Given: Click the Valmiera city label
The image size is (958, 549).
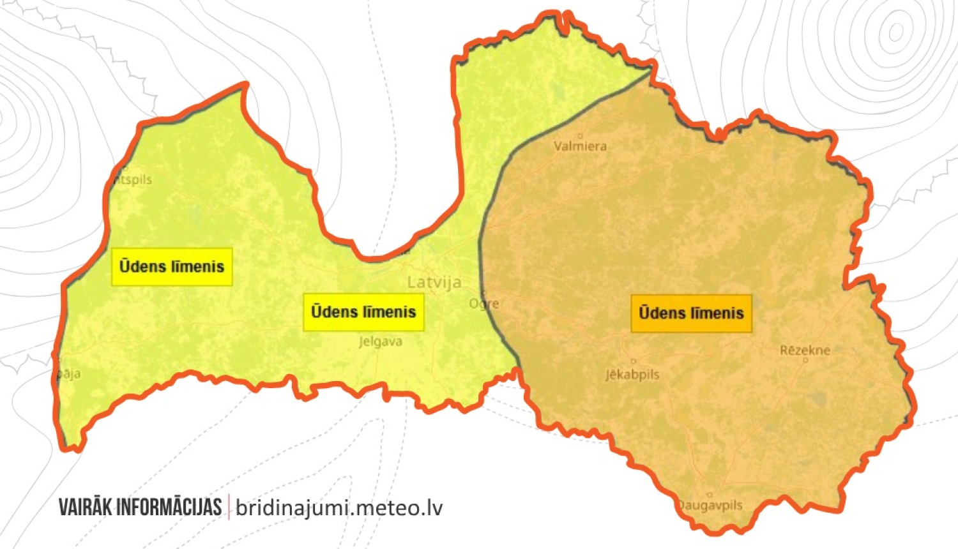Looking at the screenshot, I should point(580,146).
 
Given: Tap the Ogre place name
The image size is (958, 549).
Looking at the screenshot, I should point(484,304).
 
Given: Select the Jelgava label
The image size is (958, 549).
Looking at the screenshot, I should point(381,342).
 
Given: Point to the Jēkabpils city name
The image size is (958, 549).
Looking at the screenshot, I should point(632,375).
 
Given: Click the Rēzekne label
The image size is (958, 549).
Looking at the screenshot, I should point(805,350).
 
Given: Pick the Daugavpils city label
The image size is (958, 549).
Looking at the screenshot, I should point(710,506).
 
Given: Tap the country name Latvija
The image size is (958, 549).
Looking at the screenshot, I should point(434,282).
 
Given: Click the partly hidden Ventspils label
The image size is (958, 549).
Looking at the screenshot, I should point(133,180).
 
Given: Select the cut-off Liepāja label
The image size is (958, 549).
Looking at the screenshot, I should point(69,374).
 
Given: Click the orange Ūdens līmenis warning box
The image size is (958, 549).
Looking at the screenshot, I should point(691,313).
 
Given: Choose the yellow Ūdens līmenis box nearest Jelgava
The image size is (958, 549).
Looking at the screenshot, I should point(363,312).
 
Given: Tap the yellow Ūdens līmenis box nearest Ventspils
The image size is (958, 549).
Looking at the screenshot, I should point(172,267).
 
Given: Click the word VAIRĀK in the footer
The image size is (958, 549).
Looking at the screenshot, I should point(86,508).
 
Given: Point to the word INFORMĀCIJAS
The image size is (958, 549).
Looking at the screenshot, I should point(169,508).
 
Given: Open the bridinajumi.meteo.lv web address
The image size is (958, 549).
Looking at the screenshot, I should point(339,508).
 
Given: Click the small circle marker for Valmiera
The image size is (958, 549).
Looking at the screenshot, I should point(580,136).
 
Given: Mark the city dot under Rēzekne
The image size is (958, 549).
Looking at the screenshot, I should point(805,361).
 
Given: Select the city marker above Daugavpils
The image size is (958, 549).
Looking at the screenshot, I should point(709,495).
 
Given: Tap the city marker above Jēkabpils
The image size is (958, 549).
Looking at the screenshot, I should point(633,362).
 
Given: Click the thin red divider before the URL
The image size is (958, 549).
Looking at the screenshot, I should point(229,508).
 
